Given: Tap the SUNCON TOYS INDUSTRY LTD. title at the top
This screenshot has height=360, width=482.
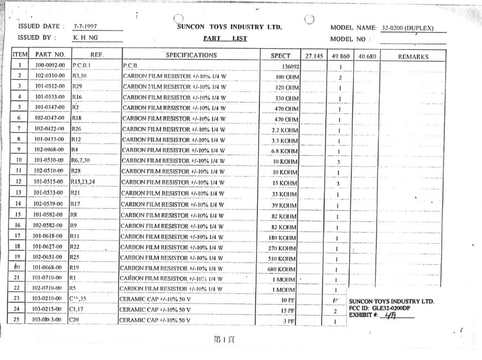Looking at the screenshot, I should point(229,27).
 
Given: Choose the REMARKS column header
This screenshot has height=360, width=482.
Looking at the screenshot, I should point(413,56).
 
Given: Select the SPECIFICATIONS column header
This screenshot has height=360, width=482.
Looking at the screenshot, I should point(191,55).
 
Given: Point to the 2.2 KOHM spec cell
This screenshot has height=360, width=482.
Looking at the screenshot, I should point(286,130).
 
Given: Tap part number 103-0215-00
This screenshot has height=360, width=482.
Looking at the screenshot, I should point(50,309).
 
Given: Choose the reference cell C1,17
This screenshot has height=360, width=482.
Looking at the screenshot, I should point(76,309).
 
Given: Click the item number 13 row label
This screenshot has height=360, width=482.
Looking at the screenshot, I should point(19,192).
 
